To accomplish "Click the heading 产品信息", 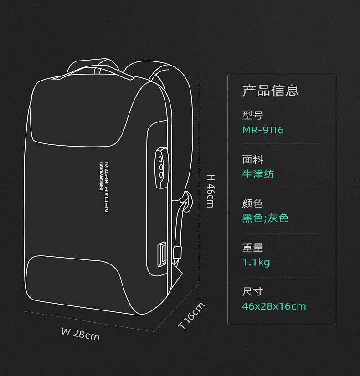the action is click(x=271, y=91).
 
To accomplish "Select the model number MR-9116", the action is click(x=263, y=130).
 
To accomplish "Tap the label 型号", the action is click(x=253, y=115).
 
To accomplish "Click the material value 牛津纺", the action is click(x=258, y=174).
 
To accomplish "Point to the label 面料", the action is click(x=253, y=159).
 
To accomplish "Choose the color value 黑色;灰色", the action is click(x=265, y=218).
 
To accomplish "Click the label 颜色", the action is click(x=253, y=203).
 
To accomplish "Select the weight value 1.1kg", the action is click(x=256, y=262).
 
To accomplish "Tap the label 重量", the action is click(x=253, y=248).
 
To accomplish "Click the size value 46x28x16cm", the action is click(x=274, y=306).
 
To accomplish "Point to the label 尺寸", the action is click(x=253, y=292).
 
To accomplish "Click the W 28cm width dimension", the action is click(x=80, y=334).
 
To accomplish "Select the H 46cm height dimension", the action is click(x=211, y=191).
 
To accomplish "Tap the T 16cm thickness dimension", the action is click(x=191, y=315).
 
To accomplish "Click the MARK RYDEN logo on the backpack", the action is click(x=107, y=187).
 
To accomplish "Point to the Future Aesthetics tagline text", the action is click(x=101, y=176).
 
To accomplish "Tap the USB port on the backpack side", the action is click(x=162, y=254).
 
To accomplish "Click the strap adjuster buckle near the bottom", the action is click(x=177, y=252).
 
